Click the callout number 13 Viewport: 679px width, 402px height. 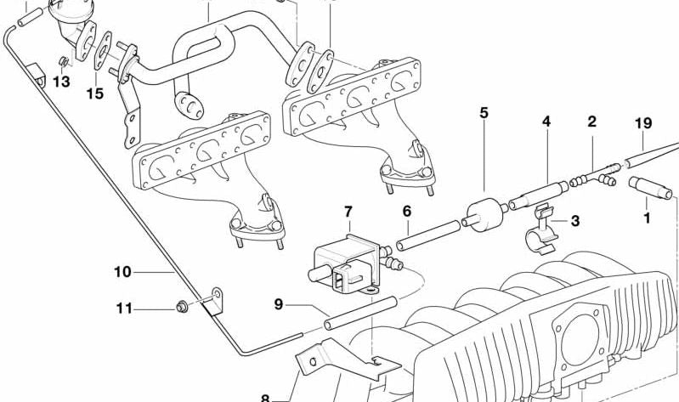click(61, 82)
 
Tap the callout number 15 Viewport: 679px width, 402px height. click(95, 93)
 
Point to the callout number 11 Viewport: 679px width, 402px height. click(124, 309)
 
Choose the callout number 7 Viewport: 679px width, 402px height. click(347, 211)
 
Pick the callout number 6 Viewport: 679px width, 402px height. click(406, 210)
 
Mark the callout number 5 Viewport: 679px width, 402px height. click(484, 112)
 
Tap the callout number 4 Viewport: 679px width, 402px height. click(546, 122)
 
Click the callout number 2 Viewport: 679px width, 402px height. click(591, 122)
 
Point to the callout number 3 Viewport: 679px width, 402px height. click(575, 223)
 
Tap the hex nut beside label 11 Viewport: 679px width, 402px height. click(180, 307)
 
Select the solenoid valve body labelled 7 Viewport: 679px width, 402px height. click(344, 258)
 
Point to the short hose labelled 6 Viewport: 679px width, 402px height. click(429, 234)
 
